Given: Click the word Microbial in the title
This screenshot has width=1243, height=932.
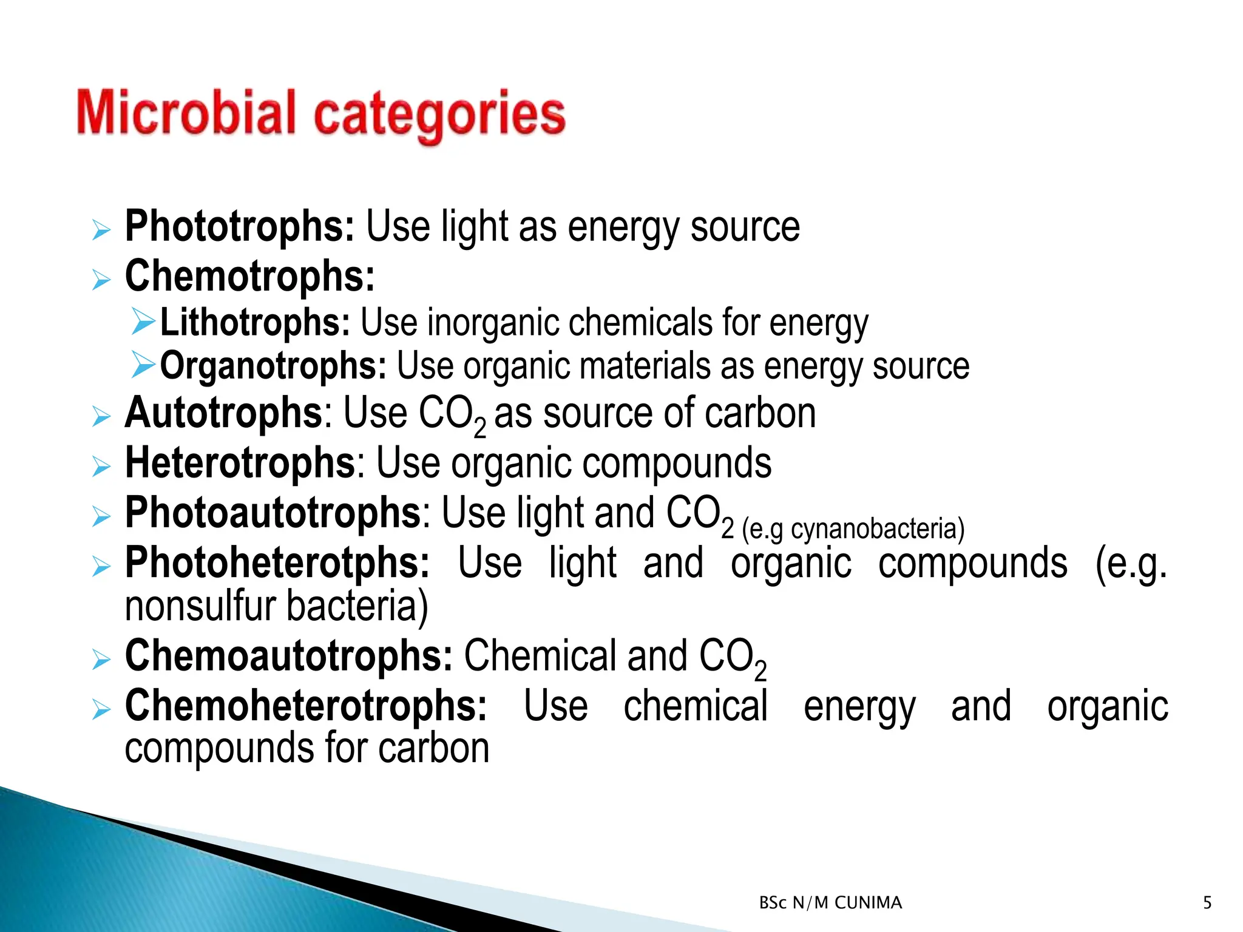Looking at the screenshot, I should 186,113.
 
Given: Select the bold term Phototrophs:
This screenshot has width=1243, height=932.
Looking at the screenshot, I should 239,227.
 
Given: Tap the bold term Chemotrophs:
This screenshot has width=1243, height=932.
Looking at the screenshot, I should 249,277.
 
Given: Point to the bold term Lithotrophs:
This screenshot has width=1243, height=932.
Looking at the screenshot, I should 255,322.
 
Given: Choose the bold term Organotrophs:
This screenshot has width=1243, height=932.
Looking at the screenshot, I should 273,366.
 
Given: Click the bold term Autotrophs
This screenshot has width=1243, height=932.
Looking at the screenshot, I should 223,414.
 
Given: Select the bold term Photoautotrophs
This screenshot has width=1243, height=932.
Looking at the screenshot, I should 273,513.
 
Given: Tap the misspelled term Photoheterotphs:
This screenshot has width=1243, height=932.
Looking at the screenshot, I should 277,564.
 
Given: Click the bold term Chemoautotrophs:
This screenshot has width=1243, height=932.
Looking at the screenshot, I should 288,657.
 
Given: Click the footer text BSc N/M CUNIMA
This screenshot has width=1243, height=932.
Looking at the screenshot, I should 830,903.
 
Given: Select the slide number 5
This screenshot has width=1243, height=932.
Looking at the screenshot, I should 1207,903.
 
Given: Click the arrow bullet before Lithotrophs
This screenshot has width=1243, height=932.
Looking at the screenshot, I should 143,321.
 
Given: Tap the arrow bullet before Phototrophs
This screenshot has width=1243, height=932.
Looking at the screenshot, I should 101,231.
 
